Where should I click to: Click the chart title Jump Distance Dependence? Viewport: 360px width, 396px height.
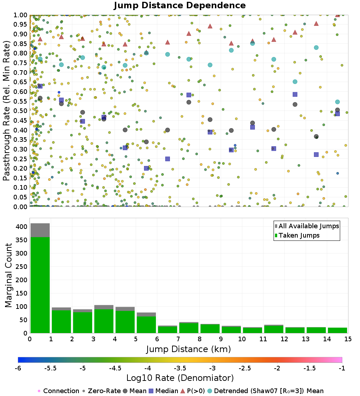click(x=180, y=6)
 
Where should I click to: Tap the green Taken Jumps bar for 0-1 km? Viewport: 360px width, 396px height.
click(x=40, y=284)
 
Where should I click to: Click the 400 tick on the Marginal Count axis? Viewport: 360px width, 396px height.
click(x=21, y=227)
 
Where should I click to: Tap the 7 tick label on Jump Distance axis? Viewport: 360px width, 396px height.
click(x=178, y=339)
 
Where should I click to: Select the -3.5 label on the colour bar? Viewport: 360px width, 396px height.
click(x=180, y=368)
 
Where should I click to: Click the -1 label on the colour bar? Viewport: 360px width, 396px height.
click(x=342, y=368)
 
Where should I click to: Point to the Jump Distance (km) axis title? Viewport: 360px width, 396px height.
click(x=188, y=349)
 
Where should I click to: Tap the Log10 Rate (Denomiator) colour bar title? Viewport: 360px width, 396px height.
click(x=180, y=378)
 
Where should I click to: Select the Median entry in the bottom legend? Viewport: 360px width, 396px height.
click(x=164, y=391)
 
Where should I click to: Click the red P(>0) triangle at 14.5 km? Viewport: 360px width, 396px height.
click(x=337, y=15)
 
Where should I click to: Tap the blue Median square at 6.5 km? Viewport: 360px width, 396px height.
click(x=167, y=159)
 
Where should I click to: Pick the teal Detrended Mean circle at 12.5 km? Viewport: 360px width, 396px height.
click(x=295, y=82)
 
